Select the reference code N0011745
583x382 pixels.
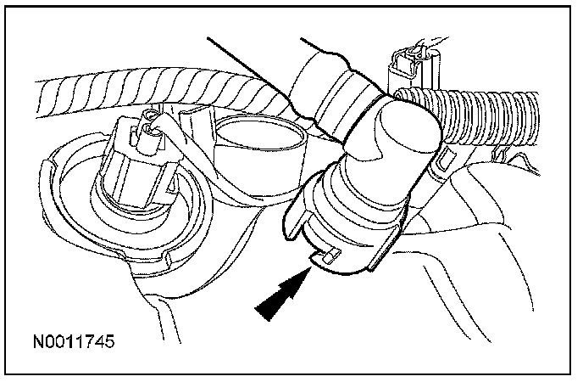(x=74, y=344)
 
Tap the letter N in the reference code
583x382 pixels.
(x=39, y=344)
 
